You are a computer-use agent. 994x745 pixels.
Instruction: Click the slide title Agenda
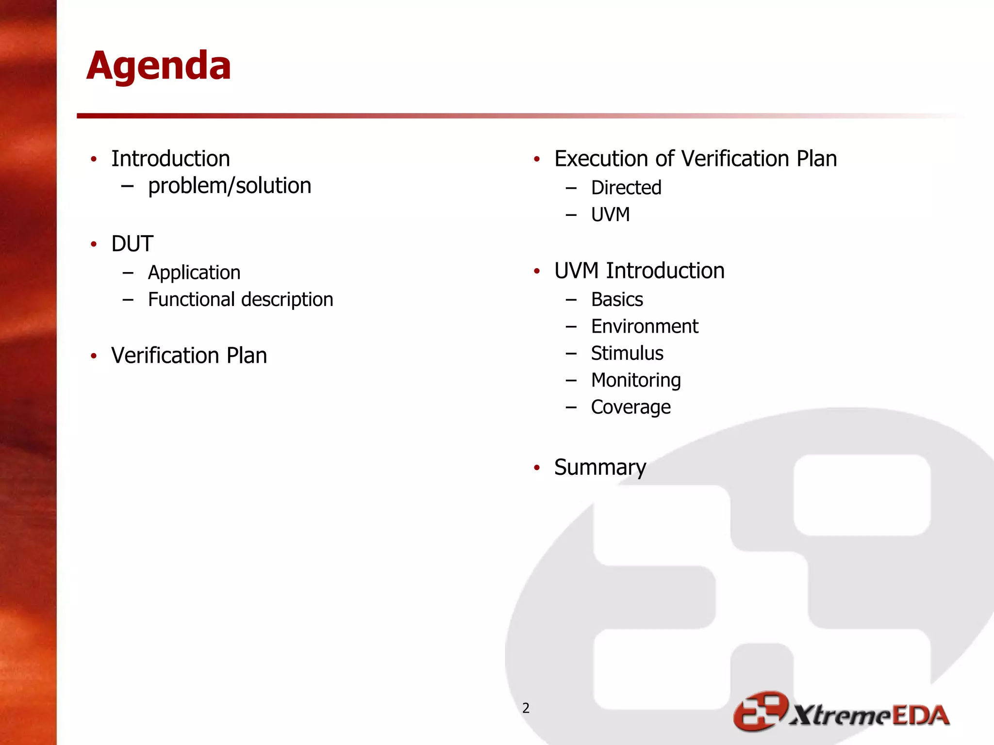[159, 66]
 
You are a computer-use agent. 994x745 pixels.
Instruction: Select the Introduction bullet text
[170, 159]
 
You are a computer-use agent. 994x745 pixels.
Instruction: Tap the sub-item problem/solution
[229, 186]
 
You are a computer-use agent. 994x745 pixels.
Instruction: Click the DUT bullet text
[132, 243]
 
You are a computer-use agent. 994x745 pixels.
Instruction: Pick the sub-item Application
[194, 273]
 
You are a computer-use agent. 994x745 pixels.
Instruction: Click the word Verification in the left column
[165, 356]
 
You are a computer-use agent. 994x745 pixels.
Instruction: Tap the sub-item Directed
[626, 188]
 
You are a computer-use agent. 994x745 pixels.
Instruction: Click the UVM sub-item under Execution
[610, 214]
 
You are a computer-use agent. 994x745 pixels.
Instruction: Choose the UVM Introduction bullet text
[639, 271]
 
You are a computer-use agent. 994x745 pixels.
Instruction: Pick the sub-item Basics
[617, 300]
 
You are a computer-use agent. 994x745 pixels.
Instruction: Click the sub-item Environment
[645, 326]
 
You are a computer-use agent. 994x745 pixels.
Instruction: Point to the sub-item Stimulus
[627, 353]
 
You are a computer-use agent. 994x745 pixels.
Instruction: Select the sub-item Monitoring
[636, 380]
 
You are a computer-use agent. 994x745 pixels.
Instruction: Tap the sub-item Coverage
[630, 407]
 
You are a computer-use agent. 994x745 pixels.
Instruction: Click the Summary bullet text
[600, 468]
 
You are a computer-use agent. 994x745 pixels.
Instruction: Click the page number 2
[526, 708]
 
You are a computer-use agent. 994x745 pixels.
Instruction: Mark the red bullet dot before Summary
[537, 468]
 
